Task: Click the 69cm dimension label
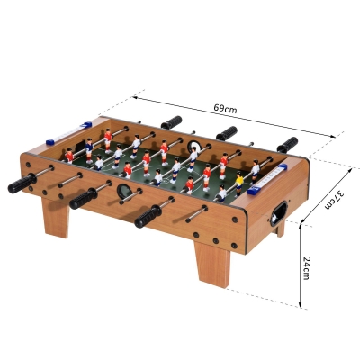click(x=225, y=109)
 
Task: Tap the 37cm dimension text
click(x=336, y=200)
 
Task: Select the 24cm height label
click(x=306, y=268)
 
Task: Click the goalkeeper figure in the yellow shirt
click(x=239, y=184)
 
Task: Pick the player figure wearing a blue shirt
click(x=89, y=150)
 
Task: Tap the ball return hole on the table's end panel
click(x=278, y=213)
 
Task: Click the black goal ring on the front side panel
click(x=123, y=191)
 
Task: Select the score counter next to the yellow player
click(x=267, y=179)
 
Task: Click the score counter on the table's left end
click(x=68, y=133)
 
